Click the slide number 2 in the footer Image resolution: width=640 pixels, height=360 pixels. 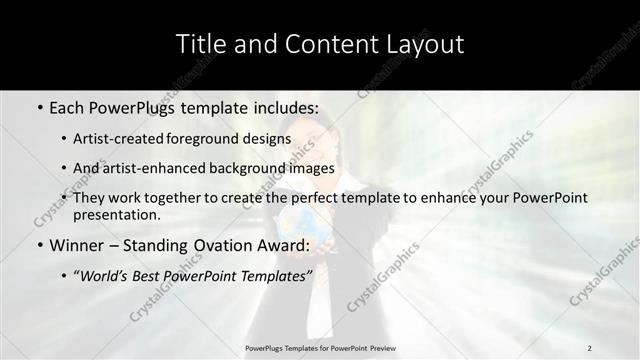click(589, 347)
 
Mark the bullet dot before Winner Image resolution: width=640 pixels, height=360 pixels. click(39, 245)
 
